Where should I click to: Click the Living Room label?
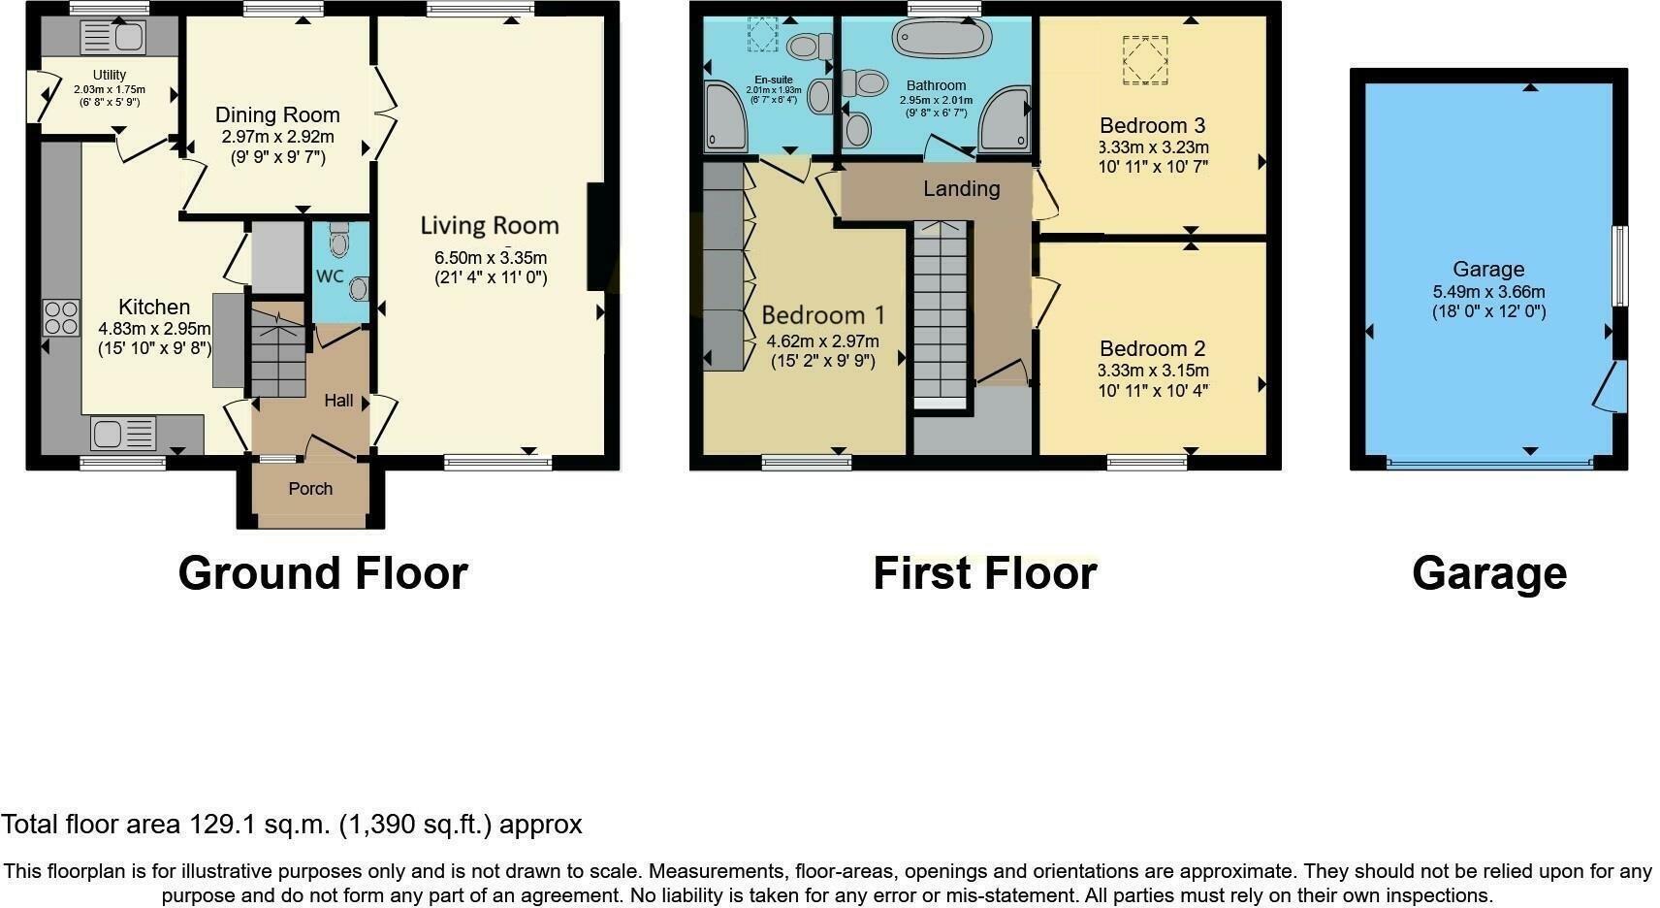pyautogui.click(x=490, y=226)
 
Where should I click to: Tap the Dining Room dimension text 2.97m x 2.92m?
pyautogui.click(x=277, y=138)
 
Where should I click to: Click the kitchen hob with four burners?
pyautogui.click(x=60, y=317)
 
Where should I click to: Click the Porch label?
pyautogui.click(x=310, y=489)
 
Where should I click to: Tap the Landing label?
pyautogui.click(x=961, y=189)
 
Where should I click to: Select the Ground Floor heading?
pyautogui.click(x=323, y=573)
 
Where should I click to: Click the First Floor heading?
pyautogui.click(x=984, y=573)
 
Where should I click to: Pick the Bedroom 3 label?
pyautogui.click(x=1152, y=126)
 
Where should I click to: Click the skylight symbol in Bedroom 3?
pyautogui.click(x=1145, y=60)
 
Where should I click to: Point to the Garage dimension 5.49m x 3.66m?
pyautogui.click(x=1488, y=292)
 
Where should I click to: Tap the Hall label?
pyautogui.click(x=338, y=401)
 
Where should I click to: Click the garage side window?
pyautogui.click(x=1619, y=266)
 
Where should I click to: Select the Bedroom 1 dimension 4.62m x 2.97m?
pyautogui.click(x=822, y=341)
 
